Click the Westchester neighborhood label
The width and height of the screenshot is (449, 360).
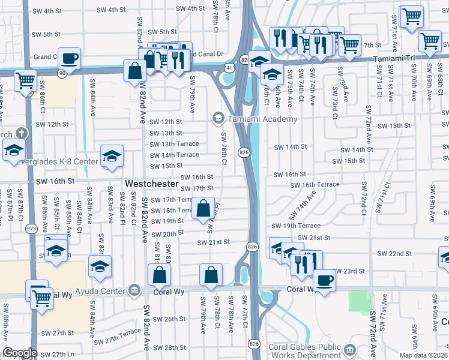pos(151,183)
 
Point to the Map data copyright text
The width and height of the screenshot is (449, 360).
pos(423,355)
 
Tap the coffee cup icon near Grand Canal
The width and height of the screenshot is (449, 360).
pos(70,59)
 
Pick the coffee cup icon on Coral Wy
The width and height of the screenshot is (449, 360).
pos(325,280)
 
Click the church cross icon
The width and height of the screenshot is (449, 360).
pos(21,133)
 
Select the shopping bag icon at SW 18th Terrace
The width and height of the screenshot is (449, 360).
pos(204,209)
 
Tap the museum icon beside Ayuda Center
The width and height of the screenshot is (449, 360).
pos(134,291)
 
